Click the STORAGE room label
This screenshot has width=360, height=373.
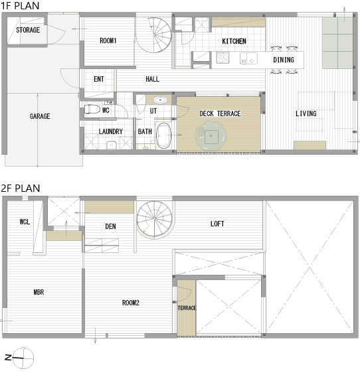click(28, 30)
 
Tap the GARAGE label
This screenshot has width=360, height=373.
click(40, 116)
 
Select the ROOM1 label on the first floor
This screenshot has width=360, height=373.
click(108, 40)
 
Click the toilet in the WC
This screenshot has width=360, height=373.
click(92, 110)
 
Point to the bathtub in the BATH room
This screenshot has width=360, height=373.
click(163, 135)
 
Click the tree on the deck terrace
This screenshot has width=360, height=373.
click(211, 135)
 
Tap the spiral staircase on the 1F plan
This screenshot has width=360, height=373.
click(154, 35)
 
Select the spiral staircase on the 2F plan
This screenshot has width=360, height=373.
click(155, 219)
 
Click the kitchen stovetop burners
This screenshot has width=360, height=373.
click(223, 58)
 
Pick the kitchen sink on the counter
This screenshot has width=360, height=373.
click(248, 58)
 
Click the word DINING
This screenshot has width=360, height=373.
click(284, 60)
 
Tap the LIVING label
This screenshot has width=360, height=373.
click(306, 113)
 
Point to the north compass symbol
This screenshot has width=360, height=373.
click(23, 358)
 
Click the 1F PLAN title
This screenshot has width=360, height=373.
click(20, 6)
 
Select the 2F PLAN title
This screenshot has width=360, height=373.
click(20, 188)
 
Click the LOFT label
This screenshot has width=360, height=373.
click(217, 224)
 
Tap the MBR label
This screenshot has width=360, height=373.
click(39, 292)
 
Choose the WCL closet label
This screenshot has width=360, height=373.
click(25, 222)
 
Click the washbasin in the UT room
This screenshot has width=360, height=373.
click(161, 100)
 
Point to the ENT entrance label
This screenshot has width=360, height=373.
click(99, 79)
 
